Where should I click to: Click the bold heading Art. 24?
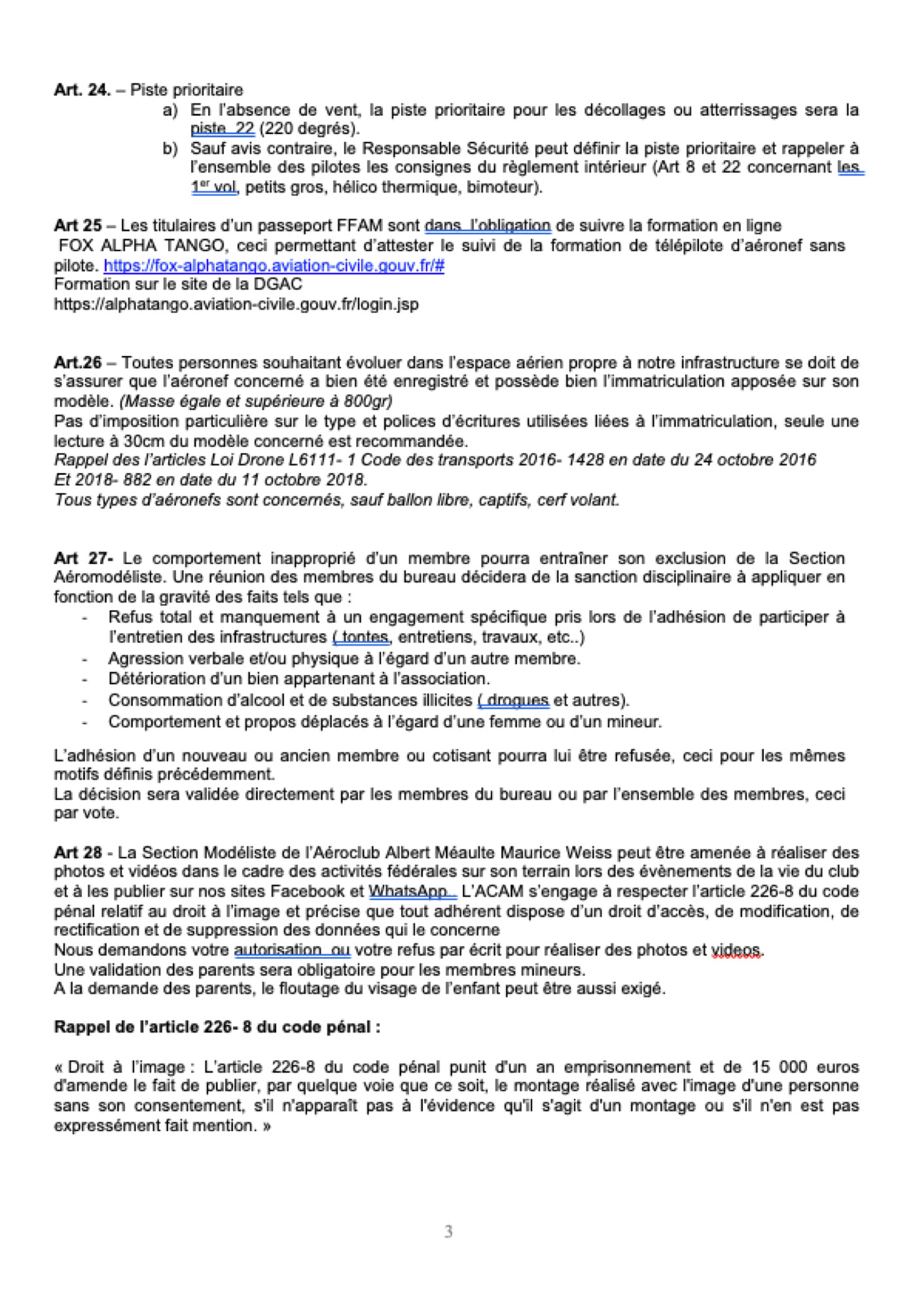(x=82, y=90)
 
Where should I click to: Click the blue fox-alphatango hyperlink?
(x=274, y=266)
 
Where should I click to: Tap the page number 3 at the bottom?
(x=448, y=1232)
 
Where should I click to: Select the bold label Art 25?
(x=77, y=226)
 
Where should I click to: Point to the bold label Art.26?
(x=78, y=362)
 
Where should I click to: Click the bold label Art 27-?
(x=83, y=558)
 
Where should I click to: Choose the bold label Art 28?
(x=78, y=852)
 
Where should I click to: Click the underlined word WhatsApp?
(x=408, y=891)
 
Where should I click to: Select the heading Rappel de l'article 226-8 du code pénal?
(x=217, y=1027)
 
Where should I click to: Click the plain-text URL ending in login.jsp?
(x=236, y=304)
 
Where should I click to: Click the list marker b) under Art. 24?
(x=170, y=148)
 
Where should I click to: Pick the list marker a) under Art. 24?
(x=170, y=110)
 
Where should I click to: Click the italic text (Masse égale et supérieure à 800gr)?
(x=255, y=401)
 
